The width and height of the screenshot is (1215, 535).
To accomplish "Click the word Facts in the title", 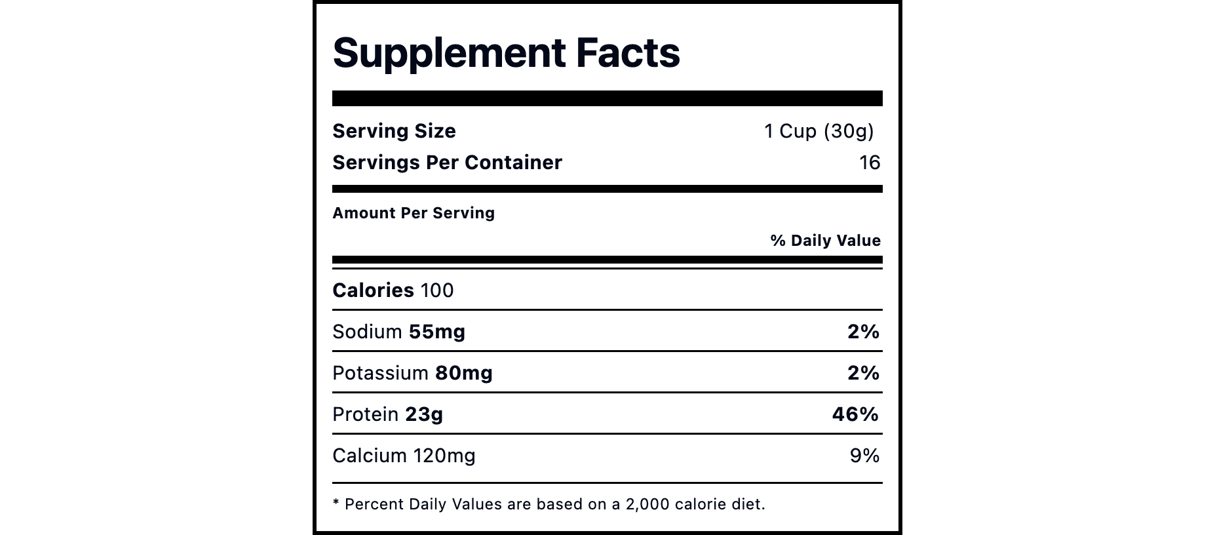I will point(627,52).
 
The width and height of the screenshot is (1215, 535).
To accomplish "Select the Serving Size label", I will point(394,131).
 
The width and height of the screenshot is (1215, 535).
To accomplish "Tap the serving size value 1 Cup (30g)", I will point(819,131).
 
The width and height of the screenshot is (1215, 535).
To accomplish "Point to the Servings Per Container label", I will point(447,163).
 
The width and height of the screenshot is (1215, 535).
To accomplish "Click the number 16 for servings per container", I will point(869,163).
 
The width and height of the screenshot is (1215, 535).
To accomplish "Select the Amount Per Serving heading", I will point(414,213).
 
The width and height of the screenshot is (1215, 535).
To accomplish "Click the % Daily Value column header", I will point(825,241).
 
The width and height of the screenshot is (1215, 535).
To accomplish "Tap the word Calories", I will point(373,290).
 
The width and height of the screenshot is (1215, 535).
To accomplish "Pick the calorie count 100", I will point(436,290).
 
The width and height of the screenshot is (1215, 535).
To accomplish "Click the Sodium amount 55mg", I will point(436,332).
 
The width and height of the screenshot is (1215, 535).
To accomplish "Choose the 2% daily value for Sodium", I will point(863,332).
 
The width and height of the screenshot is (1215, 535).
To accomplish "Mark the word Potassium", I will point(380,373).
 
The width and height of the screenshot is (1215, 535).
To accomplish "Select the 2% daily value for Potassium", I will point(863,373).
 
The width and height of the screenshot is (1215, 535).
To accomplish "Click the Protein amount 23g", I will point(424,414).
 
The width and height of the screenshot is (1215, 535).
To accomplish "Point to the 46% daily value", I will point(855,414).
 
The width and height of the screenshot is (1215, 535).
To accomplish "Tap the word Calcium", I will point(370,456).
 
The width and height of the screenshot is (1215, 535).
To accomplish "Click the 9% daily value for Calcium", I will point(864,456).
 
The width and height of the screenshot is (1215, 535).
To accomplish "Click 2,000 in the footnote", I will point(647,504).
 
